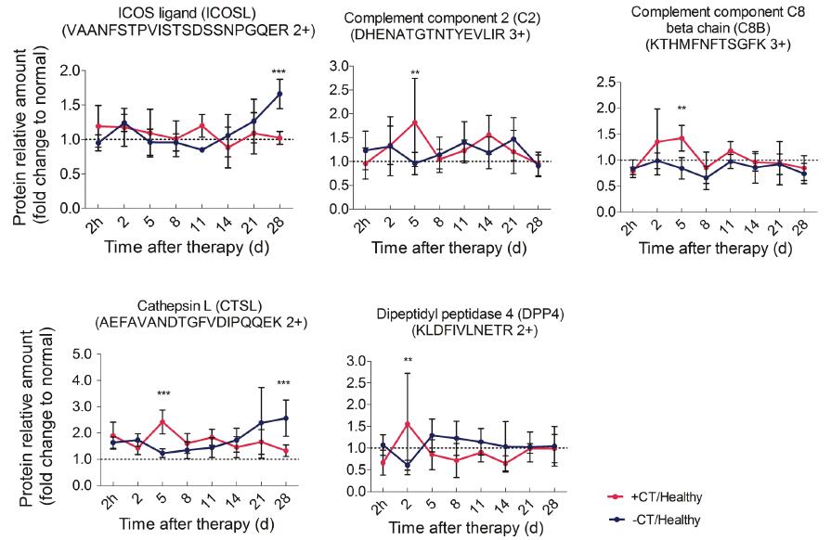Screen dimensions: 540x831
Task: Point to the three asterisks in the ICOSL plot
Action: click(x=279, y=72)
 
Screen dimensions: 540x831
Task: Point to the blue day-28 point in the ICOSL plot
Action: click(x=279, y=94)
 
